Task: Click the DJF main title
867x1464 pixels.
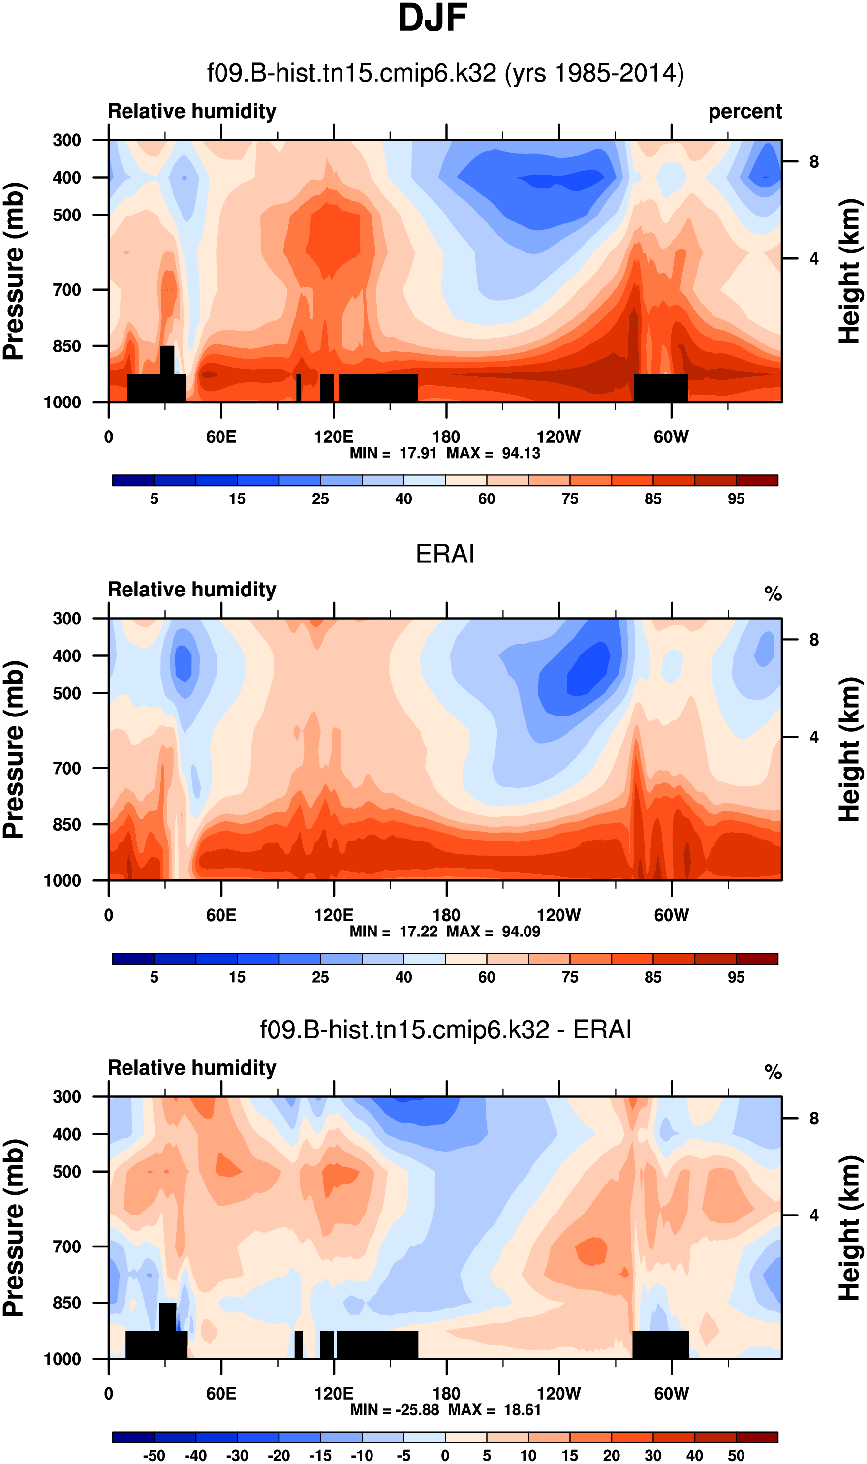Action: pos(433,19)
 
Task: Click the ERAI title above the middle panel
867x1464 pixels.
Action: pos(445,554)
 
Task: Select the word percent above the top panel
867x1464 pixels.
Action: pos(745,112)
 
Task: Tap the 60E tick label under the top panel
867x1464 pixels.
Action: pos(221,436)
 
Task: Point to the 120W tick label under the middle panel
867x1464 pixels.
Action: pos(558,915)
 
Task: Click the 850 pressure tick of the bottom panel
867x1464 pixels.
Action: pos(66,1303)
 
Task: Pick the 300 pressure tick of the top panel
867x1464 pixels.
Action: pos(66,140)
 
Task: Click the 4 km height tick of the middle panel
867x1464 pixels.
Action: pos(814,737)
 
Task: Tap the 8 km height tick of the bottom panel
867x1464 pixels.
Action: pos(814,1118)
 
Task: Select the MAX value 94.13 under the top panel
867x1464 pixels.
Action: pos(521,453)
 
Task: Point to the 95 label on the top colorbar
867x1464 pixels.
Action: pos(736,499)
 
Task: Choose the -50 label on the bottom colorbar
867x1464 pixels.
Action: pos(154,1455)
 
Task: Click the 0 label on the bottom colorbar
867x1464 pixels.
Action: pos(445,1455)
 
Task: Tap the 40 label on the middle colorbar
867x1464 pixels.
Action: pos(403,977)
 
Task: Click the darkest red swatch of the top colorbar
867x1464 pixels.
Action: pos(757,481)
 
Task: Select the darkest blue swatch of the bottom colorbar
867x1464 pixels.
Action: pos(133,1437)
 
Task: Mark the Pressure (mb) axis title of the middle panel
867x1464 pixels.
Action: pos(14,749)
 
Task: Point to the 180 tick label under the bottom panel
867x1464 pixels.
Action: pos(446,1393)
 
